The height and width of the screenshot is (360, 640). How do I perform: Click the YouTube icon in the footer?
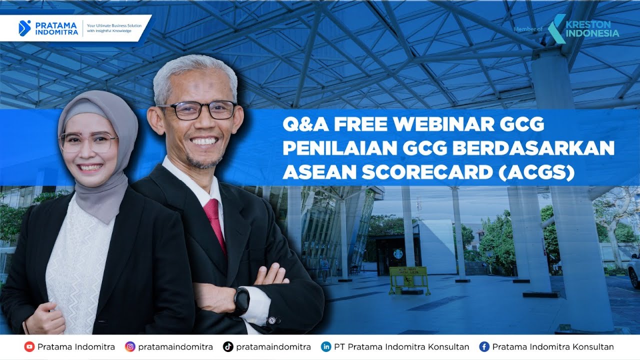coord(29,346)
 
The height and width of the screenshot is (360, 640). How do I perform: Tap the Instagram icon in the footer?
coord(130,346)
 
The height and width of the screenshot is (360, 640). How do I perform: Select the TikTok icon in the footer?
coord(228,346)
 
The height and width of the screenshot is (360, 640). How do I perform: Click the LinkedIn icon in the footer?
coord(326,346)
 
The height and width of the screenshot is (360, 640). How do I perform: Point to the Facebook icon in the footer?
coord(484,346)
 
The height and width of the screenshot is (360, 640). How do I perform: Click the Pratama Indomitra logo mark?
coord(24,28)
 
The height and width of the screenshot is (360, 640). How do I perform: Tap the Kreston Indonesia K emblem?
coord(556,28)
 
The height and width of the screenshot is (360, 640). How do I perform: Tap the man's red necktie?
coord(215,220)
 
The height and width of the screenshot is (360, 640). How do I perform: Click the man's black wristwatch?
coord(241,300)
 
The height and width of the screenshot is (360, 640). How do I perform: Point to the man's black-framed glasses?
coord(198,110)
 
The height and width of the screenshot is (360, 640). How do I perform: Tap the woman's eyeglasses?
coord(88,142)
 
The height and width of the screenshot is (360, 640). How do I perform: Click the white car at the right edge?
coord(634,270)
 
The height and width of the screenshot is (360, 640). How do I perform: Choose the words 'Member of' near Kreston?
coord(527,29)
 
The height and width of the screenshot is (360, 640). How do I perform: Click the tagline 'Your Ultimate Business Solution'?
coord(114,25)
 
